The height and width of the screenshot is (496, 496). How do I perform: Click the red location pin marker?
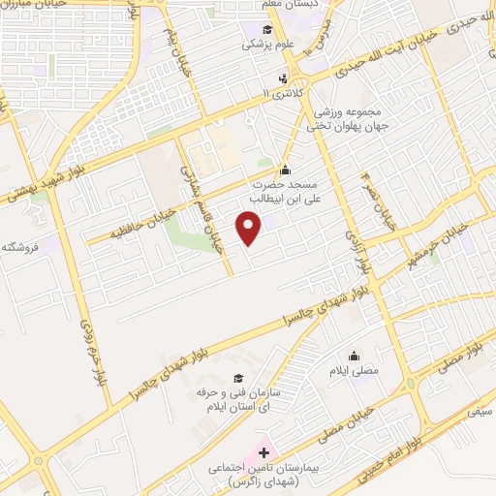(x=250, y=227)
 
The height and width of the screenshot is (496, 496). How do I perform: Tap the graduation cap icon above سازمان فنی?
(x=237, y=376)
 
